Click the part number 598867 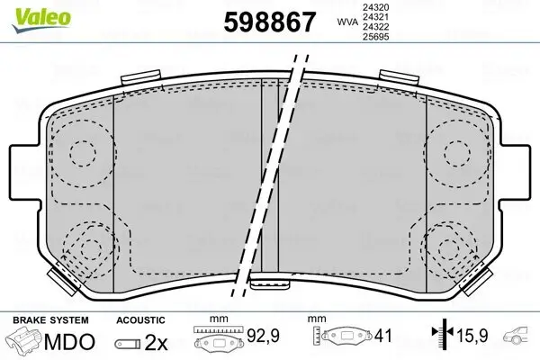tap(262, 22)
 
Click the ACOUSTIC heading tap(140, 319)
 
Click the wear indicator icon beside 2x tap(127, 344)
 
